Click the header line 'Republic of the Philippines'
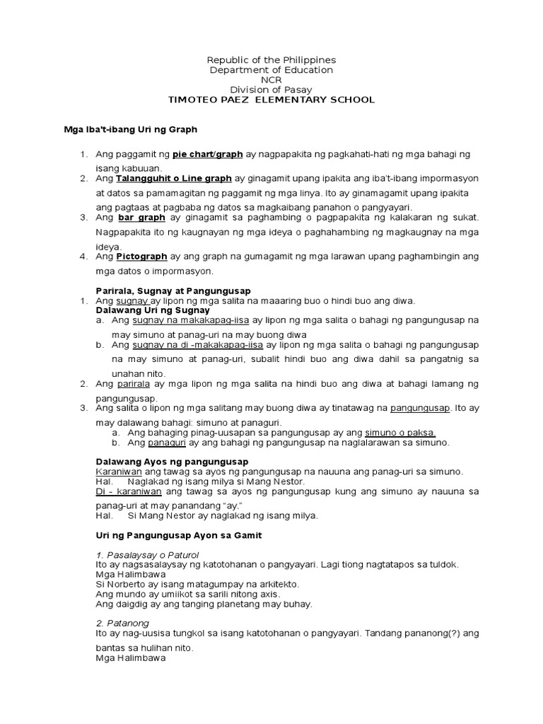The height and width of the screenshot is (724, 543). coord(271,60)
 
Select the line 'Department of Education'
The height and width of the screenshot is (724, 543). coord(271,70)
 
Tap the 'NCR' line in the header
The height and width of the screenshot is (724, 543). coord(271,80)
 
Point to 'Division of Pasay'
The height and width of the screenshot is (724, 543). coord(271,90)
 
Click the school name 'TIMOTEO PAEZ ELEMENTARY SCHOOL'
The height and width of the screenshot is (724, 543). coord(271,100)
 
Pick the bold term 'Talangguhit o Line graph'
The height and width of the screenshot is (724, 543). coord(174,179)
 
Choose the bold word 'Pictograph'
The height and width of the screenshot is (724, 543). coord(141,257)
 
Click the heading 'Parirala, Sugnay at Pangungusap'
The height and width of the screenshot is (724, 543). coord(173,291)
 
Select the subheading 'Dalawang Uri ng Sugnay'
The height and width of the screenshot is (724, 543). coord(153,310)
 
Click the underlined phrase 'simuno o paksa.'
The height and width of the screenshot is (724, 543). coord(400,433)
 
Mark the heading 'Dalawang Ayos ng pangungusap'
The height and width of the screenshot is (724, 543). coord(172,462)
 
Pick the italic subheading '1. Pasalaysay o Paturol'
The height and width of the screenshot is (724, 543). coord(147,554)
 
